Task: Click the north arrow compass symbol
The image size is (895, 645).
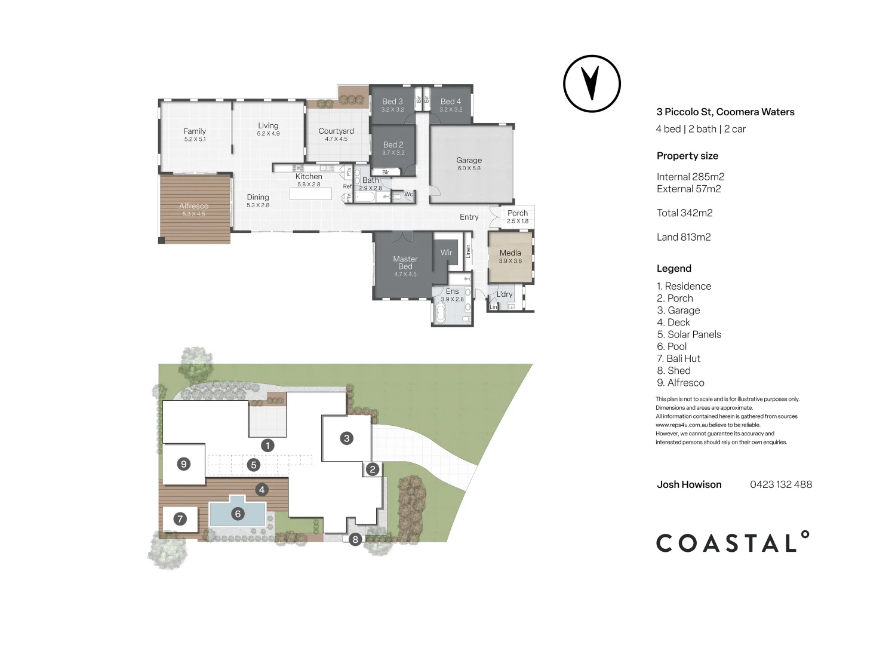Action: point(592,84)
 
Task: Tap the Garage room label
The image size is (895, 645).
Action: point(469,160)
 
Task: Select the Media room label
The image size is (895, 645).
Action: point(510,253)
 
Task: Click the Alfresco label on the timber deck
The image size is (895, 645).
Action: point(193,206)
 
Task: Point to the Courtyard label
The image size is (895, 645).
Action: point(336,131)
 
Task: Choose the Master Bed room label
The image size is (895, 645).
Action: point(405,263)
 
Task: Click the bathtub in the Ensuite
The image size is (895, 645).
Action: point(441,313)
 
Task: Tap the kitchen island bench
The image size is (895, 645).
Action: point(310,194)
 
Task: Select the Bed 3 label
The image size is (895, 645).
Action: point(392,102)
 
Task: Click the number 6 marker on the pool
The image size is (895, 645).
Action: point(238,514)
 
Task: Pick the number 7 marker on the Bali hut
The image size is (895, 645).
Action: point(180,519)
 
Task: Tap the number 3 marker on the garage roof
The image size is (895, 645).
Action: point(346,438)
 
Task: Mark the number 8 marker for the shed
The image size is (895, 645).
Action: point(355,540)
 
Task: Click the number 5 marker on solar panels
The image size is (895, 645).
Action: point(254,465)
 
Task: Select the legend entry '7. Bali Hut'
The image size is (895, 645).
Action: point(678,358)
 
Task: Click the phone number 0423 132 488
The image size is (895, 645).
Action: point(780,484)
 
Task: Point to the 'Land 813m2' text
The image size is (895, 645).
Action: point(684,237)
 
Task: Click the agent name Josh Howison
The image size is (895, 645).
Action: point(689,484)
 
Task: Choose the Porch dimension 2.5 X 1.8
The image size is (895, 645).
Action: point(517,221)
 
